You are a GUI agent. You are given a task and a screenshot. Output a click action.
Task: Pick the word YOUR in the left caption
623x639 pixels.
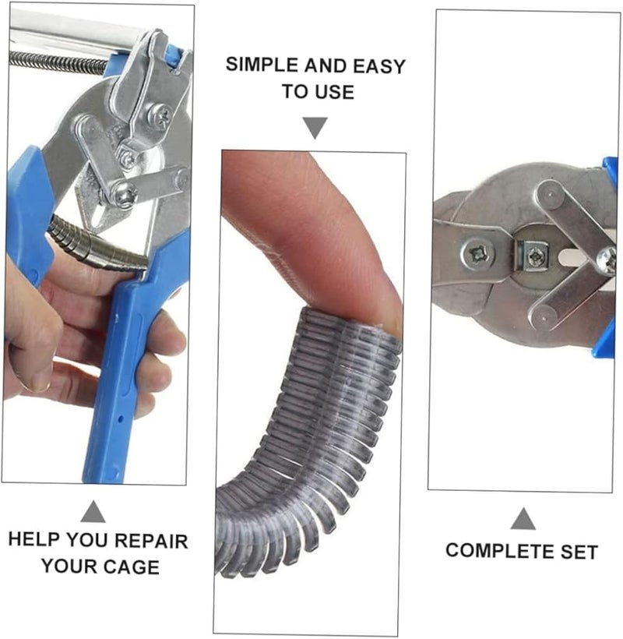pos(69,566)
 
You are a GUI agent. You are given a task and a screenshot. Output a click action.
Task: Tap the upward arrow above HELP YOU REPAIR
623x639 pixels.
pos(93,511)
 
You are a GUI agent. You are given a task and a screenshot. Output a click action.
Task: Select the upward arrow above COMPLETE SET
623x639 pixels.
pos(523,518)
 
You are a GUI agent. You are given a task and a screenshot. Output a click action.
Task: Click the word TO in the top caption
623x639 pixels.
pos(294,92)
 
